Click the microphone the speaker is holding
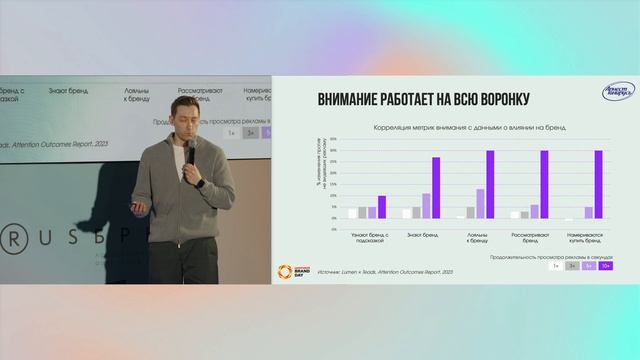click(188, 153)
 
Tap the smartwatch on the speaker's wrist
click(198, 183)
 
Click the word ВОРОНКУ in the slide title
click(496, 99)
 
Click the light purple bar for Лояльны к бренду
click(480, 203)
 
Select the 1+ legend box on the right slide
click(553, 267)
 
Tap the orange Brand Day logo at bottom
click(294, 270)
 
